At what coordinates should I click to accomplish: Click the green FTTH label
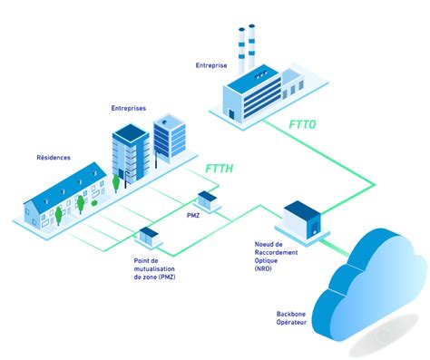223,169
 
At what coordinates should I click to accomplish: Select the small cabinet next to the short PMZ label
207,199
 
